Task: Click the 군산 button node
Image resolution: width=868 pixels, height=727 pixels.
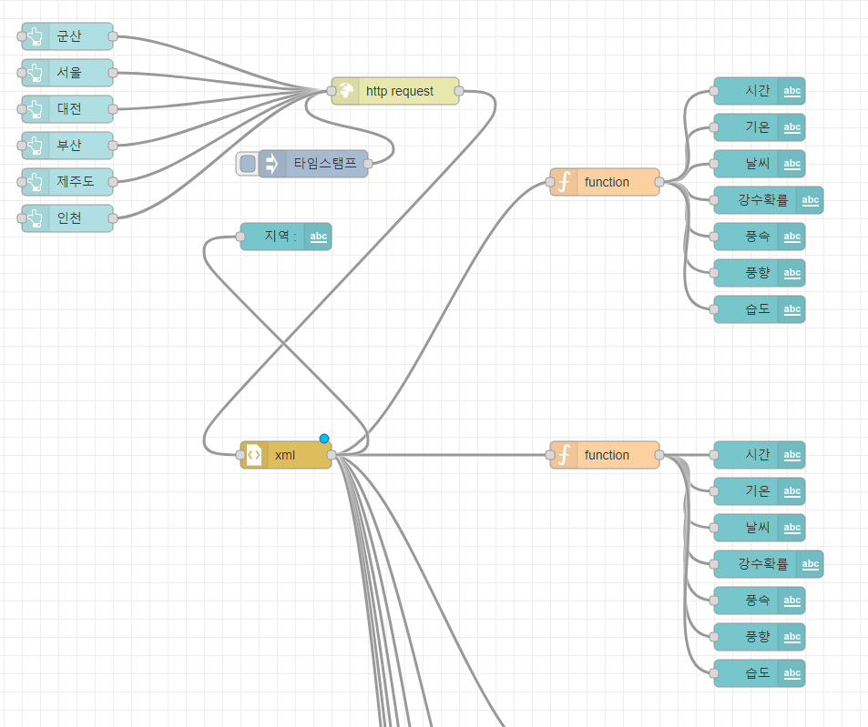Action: (x=69, y=36)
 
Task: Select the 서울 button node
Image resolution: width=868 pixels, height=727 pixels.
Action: (x=69, y=73)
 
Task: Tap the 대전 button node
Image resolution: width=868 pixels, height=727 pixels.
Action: (x=69, y=109)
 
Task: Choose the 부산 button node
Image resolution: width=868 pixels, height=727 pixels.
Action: (x=69, y=146)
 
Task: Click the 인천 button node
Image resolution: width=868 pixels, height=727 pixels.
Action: (x=69, y=218)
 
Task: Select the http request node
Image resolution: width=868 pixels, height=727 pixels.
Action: (x=399, y=91)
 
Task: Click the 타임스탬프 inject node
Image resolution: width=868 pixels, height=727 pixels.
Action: (x=323, y=164)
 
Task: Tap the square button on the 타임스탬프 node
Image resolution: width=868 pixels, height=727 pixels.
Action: (x=248, y=164)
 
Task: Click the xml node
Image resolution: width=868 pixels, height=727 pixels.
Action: (x=285, y=455)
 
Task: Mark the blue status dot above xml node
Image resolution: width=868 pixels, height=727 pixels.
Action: (x=324, y=439)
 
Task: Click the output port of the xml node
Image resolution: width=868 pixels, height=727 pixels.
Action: (x=332, y=455)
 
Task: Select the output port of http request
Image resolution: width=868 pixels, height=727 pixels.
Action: (x=459, y=91)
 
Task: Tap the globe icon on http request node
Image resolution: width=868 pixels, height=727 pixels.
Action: (x=346, y=91)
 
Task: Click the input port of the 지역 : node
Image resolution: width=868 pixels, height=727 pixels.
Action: (x=240, y=237)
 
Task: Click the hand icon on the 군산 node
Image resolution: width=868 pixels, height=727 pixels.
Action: (x=36, y=36)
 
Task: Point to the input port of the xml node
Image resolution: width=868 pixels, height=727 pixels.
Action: (x=240, y=455)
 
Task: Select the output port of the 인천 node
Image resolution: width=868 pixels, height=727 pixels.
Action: (x=113, y=218)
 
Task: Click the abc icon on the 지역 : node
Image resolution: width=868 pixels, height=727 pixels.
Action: (x=319, y=237)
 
